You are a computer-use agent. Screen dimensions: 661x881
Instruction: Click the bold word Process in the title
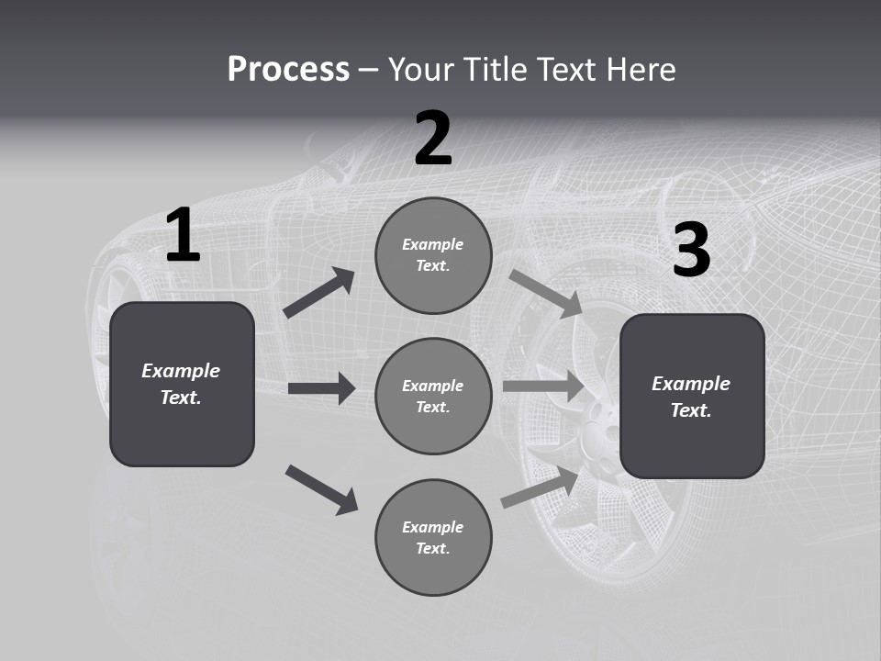click(288, 69)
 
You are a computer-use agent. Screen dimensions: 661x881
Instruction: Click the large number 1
click(183, 236)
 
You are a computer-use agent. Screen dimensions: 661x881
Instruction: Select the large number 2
click(433, 139)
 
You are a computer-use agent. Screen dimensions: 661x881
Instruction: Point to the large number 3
click(691, 251)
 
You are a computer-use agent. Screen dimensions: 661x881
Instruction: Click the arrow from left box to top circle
click(319, 293)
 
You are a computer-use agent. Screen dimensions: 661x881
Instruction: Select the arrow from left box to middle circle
click(321, 388)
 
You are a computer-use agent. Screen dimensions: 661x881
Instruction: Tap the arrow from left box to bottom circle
click(321, 488)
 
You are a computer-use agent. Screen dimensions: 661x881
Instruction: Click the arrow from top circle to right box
click(545, 294)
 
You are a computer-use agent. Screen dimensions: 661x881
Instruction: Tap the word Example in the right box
click(691, 384)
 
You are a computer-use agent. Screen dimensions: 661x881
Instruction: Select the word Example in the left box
click(181, 371)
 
